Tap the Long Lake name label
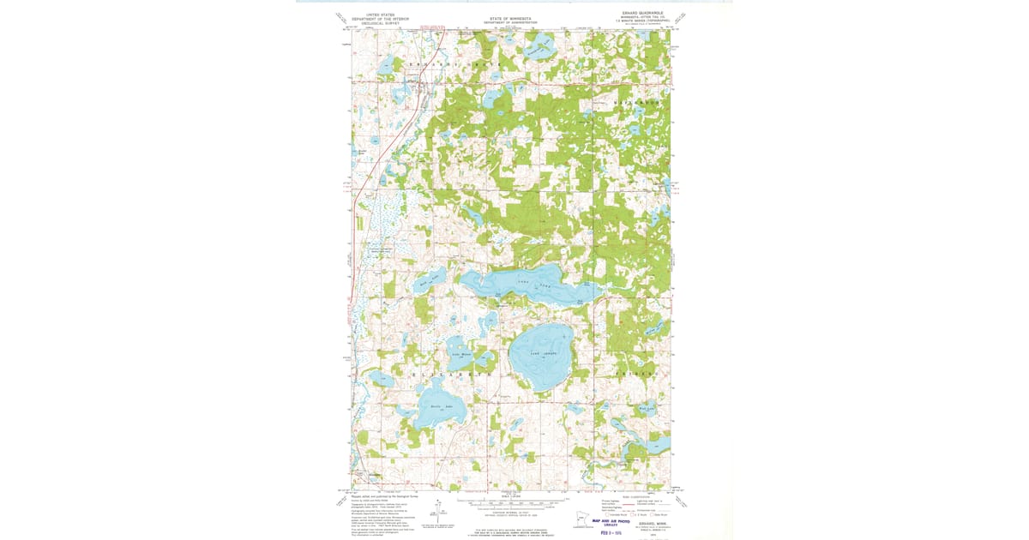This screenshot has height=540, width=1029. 532,283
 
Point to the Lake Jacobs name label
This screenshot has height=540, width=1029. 543,352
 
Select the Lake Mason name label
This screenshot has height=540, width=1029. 461,354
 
